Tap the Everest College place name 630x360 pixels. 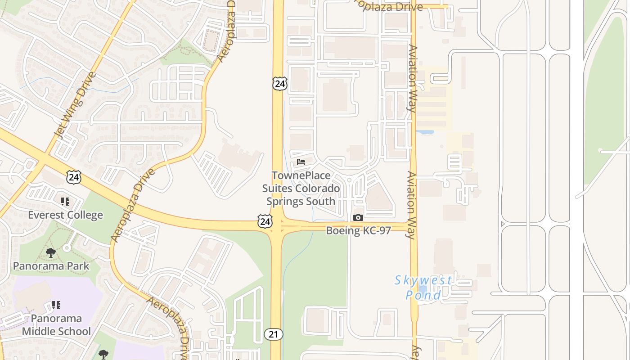(x=65, y=215)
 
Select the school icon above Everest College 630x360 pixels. (x=65, y=202)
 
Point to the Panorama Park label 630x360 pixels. (x=51, y=266)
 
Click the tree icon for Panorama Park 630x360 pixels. (x=51, y=253)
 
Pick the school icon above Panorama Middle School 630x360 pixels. (x=56, y=306)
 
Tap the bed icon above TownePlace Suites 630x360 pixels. (x=301, y=162)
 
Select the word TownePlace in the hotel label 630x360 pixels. (x=301, y=175)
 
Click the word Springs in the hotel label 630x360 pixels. (x=285, y=201)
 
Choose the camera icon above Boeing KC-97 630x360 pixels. (x=358, y=218)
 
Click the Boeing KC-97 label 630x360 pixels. (x=358, y=230)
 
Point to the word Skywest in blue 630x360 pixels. (x=423, y=280)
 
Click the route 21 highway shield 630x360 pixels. (x=273, y=334)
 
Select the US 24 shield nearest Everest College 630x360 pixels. (x=74, y=177)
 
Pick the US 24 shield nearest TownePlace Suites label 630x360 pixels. (x=265, y=221)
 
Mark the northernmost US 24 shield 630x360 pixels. (x=279, y=84)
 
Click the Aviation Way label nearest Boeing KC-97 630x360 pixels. (x=411, y=205)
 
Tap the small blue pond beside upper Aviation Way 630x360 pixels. (x=425, y=133)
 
